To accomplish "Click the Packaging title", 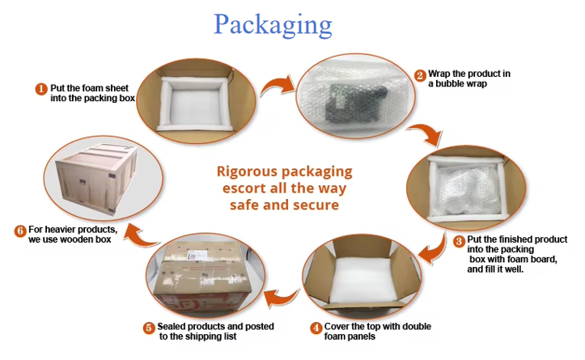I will [273, 24].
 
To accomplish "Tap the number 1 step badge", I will [40, 88].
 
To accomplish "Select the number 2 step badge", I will [420, 75].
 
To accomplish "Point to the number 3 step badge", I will [459, 240].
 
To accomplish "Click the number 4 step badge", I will [316, 328].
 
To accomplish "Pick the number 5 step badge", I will [149, 328].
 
